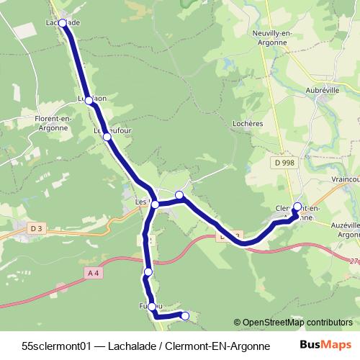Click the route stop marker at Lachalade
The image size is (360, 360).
[63, 23]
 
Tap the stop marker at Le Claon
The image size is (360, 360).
[89, 101]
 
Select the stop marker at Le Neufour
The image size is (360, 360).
[107, 136]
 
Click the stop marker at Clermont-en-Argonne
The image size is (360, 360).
[297, 207]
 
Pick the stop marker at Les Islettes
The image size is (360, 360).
[155, 204]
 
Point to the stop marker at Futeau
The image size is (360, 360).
[152, 307]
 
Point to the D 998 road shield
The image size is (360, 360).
[284, 163]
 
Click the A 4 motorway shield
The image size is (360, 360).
[93, 272]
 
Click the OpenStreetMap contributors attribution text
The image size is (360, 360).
[293, 323]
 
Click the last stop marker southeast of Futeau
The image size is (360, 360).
[185, 315]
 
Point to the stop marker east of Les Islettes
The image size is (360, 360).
[179, 195]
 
